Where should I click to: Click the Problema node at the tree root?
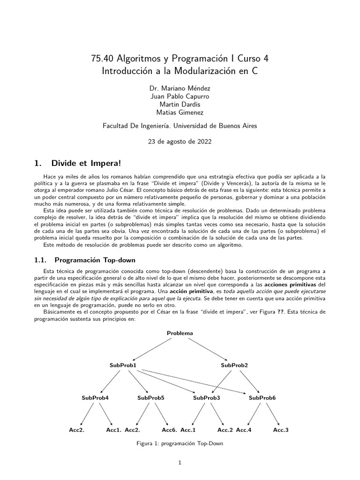coord(180,333)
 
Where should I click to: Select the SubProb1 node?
coord(123,365)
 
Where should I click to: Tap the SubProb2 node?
coord(234,365)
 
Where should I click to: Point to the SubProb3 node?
coord(207,397)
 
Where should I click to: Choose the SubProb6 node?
coord(262,397)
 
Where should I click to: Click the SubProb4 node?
coord(95,397)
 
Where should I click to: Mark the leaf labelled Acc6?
coord(169,430)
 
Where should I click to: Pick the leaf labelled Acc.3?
coord(281,430)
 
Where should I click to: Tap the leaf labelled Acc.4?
coord(244,430)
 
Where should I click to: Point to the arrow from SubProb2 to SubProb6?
coord(248,381)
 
